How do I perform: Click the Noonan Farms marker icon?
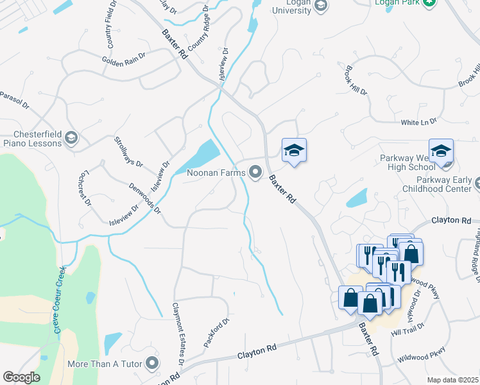[x=256, y=172]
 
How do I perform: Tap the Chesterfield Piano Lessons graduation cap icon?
[x=71, y=138]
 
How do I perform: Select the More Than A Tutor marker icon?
[x=151, y=364]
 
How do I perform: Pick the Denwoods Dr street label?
[x=144, y=198]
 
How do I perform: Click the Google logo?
[x=21, y=377]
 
